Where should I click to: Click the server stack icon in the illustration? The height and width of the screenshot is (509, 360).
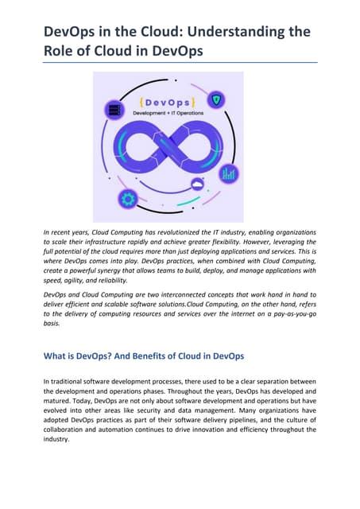click(x=114, y=110)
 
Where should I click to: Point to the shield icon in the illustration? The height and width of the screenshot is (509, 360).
click(x=216, y=100)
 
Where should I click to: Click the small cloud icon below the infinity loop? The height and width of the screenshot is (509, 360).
click(x=197, y=185)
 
